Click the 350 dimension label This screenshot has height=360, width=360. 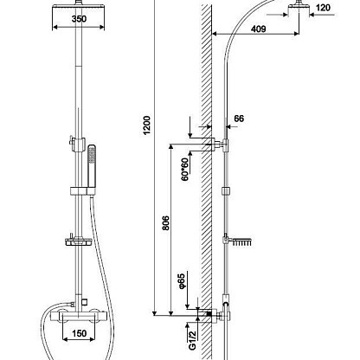[79, 19]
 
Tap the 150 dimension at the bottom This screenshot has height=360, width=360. [79, 333]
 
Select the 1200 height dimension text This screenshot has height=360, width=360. [147, 125]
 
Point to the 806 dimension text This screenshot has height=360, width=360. [165, 223]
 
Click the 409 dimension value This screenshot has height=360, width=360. [258, 29]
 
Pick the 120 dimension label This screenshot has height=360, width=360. [323, 8]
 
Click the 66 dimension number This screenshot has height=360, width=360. [239, 119]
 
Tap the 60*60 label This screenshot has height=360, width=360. [184, 170]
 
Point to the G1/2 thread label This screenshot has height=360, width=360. [192, 340]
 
